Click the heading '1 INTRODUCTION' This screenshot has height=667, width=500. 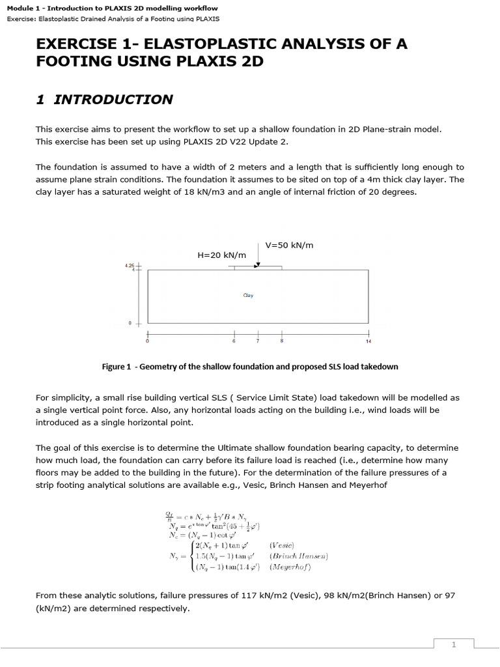[x=104, y=100]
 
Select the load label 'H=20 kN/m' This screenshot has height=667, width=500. [x=221, y=255]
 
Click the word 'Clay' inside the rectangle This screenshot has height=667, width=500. [x=248, y=295]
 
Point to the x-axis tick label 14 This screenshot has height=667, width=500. [x=369, y=341]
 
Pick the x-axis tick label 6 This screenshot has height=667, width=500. [x=234, y=341]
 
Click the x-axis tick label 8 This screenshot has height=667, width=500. [x=282, y=341]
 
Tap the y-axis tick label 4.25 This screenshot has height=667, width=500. [x=128, y=266]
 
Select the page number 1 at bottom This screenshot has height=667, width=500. [x=454, y=644]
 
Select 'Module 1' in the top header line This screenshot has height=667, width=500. [x=23, y=8]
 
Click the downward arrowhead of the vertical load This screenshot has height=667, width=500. [x=258, y=264]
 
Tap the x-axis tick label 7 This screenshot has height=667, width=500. [x=258, y=341]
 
